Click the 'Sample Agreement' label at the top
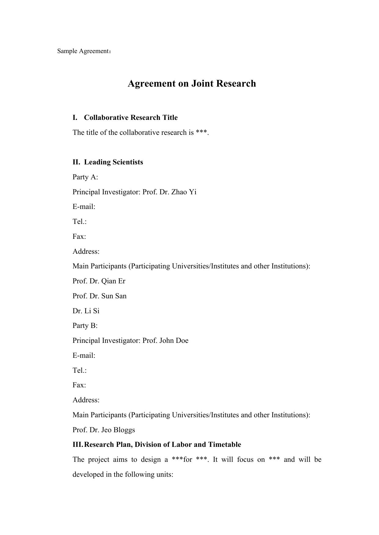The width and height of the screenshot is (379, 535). tap(83, 51)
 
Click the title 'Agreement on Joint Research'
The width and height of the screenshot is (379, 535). tap(191, 83)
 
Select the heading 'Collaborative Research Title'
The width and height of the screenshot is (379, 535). tap(131, 117)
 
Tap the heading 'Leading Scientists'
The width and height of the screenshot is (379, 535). tap(113, 162)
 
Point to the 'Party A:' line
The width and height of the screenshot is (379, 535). tap(85, 177)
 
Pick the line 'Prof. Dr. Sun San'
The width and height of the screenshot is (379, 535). tap(99, 296)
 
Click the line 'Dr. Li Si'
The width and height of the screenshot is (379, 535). tap(86, 311)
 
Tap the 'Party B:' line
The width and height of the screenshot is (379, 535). tap(85, 325)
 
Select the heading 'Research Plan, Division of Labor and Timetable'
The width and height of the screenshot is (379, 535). tap(162, 444)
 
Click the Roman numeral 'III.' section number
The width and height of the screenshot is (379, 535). tap(78, 444)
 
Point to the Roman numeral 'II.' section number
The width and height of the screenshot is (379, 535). tap(76, 162)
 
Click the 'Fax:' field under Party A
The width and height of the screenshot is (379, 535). tap(79, 236)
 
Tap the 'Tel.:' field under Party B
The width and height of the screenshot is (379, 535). tap(79, 370)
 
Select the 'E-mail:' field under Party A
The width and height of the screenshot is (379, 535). tap(84, 207)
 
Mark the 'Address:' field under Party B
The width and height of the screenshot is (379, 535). tap(86, 400)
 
